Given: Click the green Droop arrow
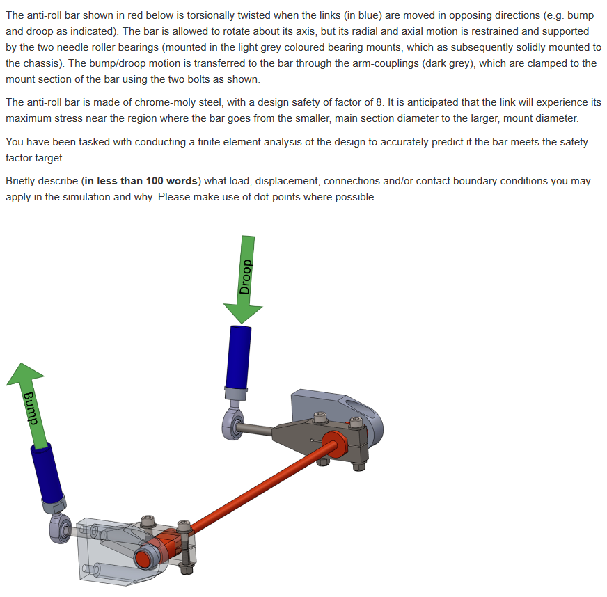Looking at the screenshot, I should [244, 275].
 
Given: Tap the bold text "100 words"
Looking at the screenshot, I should [172, 181].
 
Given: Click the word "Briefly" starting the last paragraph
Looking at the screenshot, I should [22, 181].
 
